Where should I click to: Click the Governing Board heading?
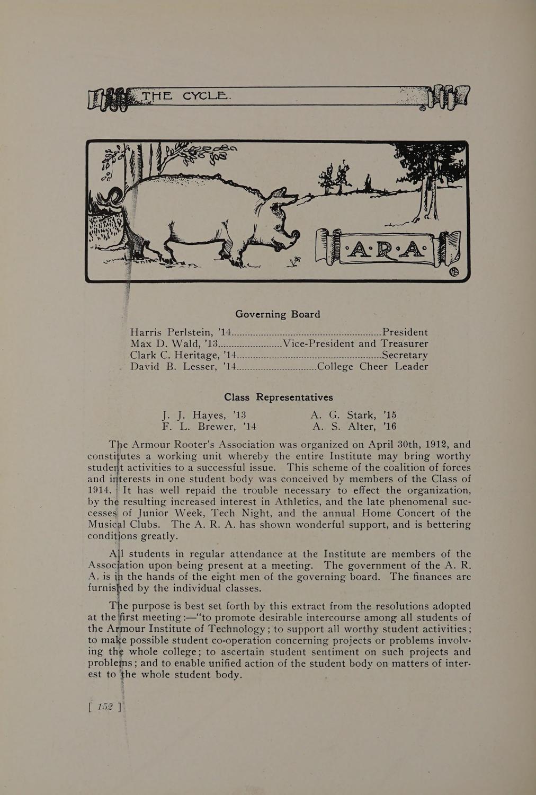point(278,314)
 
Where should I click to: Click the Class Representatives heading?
point(279,397)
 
